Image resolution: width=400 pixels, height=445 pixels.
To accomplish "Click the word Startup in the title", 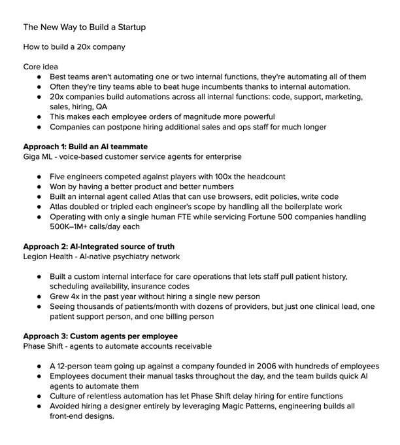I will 129,27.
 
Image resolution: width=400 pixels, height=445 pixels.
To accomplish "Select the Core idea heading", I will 41,66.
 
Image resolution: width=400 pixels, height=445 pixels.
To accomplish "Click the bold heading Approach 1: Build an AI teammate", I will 85,147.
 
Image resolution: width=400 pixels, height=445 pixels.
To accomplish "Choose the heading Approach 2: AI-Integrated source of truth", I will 99,247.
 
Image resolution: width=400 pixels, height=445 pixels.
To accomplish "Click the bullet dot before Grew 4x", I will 40,296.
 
